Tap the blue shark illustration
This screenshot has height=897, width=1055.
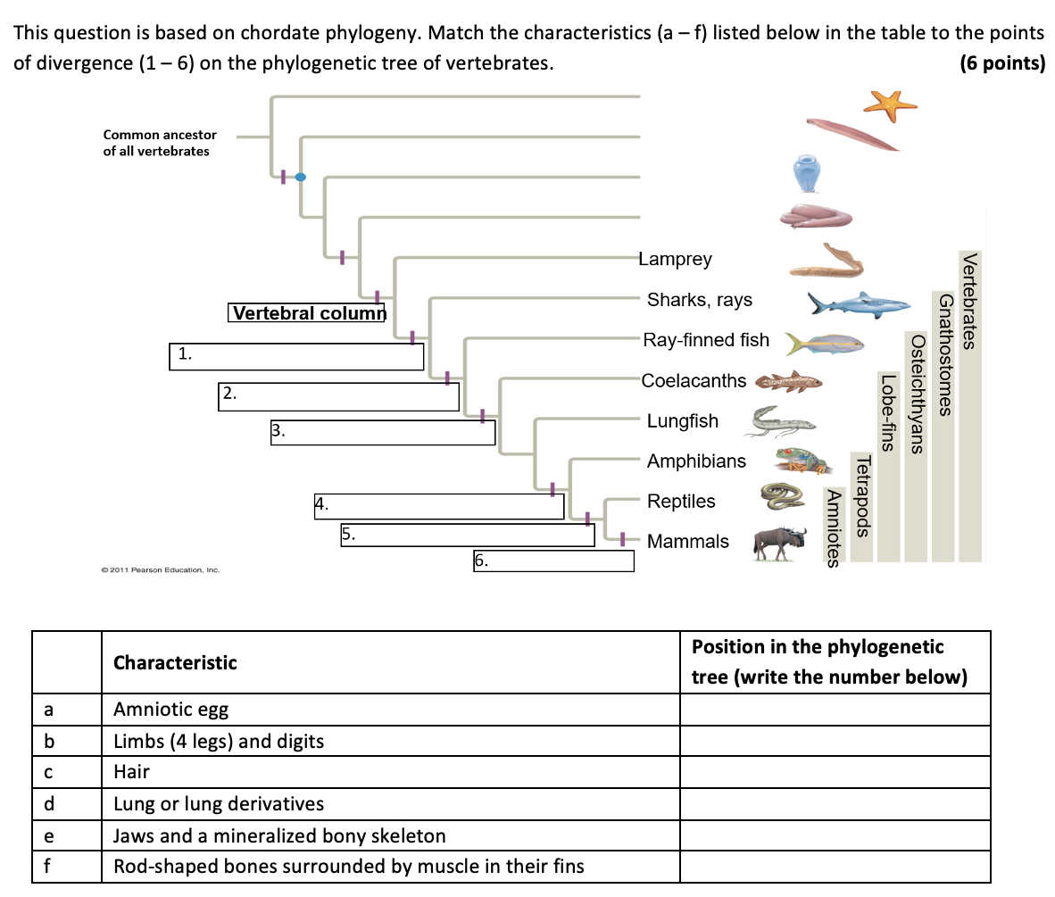(853, 304)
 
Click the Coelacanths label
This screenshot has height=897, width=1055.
(694, 381)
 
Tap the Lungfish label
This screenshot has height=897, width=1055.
(682, 421)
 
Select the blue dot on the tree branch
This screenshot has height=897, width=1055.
(301, 177)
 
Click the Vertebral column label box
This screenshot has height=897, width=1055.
(307, 313)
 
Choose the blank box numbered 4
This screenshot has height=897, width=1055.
(439, 506)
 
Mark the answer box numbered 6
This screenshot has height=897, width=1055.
(553, 561)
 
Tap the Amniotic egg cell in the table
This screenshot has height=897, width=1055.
(390, 710)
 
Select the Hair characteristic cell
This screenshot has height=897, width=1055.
(390, 772)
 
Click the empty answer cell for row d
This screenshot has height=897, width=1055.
(835, 804)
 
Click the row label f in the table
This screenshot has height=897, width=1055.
(50, 866)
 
